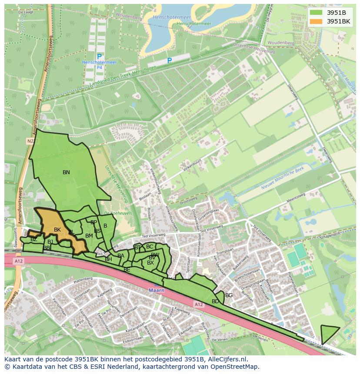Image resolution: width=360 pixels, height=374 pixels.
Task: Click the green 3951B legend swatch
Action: tap(316, 13)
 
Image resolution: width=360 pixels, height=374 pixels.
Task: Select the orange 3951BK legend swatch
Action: tap(316, 21)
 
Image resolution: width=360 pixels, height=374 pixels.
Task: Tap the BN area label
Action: tap(66, 172)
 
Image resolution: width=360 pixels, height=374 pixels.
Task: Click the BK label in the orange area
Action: tap(57, 230)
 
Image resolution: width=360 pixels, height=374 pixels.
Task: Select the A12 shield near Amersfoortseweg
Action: tap(18, 261)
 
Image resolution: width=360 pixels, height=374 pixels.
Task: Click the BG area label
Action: tap(229, 295)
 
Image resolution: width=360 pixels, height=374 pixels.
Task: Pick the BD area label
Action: tap(215, 301)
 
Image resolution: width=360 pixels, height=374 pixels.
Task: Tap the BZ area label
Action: tap(33, 239)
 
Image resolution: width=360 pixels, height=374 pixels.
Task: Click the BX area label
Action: tap(150, 263)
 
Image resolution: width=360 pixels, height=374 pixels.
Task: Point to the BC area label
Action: tap(150, 247)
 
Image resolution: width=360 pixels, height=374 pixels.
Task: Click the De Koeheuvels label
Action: tap(113, 213)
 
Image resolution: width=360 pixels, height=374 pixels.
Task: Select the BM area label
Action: tap(89, 236)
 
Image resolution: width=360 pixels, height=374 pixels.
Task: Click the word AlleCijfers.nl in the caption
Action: tap(227, 360)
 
